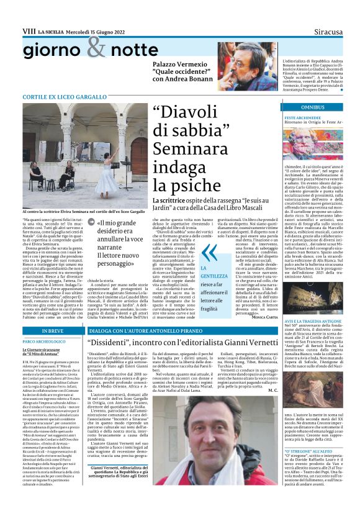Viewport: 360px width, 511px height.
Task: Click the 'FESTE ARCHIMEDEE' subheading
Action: pyautogui.click(x=302, y=117)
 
